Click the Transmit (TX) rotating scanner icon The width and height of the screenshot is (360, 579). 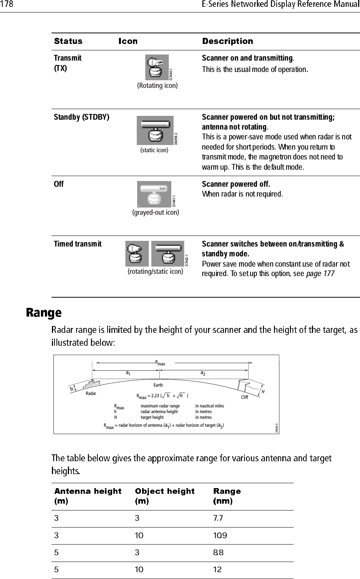[x=157, y=68]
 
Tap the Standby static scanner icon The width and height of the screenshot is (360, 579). [x=155, y=130]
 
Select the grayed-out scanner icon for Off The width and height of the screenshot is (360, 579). [x=154, y=194]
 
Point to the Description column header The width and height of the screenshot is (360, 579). [x=227, y=41]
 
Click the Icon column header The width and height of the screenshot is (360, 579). [x=128, y=41]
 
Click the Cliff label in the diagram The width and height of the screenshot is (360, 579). [x=244, y=397]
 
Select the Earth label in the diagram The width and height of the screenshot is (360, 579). [x=158, y=385]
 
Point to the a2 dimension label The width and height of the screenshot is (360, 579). [x=203, y=373]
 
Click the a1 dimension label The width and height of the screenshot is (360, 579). [x=128, y=373]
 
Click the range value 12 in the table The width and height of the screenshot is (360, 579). [x=217, y=570]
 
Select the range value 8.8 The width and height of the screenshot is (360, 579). [x=218, y=552]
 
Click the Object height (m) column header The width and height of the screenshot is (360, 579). [x=165, y=496]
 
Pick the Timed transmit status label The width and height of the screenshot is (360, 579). [x=78, y=244]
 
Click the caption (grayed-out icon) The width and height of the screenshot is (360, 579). [x=155, y=212]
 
